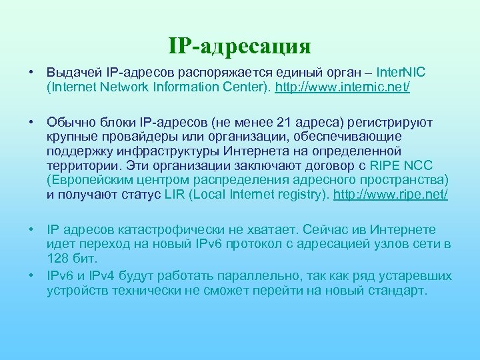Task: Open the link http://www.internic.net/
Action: pos(343,87)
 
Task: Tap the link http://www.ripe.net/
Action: pos(390,194)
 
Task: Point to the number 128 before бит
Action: pos(57,259)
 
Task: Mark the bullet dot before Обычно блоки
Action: pos(31,122)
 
